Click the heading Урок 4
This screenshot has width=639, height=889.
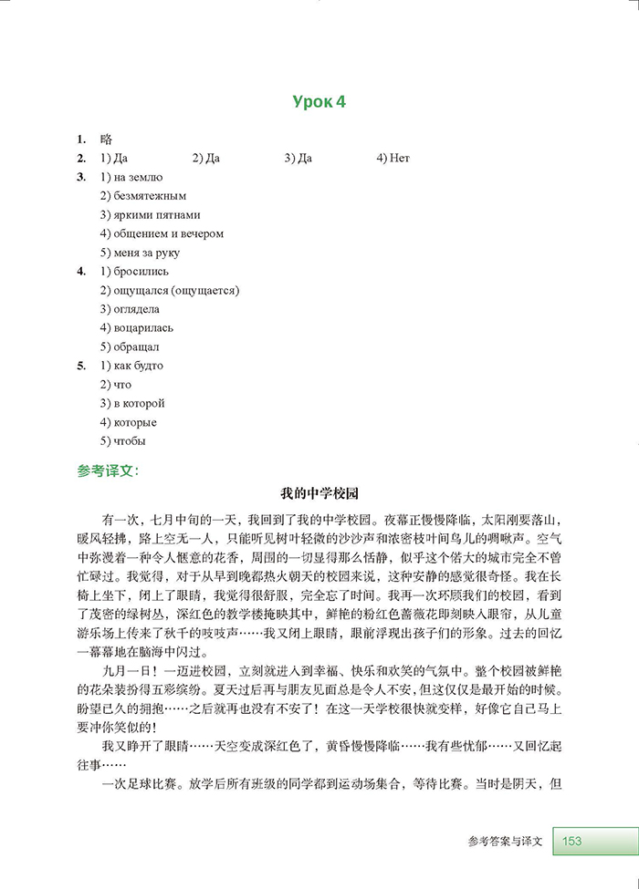pos(319,102)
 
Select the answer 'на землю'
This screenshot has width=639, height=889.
pos(138,177)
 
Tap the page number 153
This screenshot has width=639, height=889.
pos(572,841)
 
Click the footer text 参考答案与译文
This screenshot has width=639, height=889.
pos(504,841)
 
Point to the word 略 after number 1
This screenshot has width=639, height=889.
pos(106,140)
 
